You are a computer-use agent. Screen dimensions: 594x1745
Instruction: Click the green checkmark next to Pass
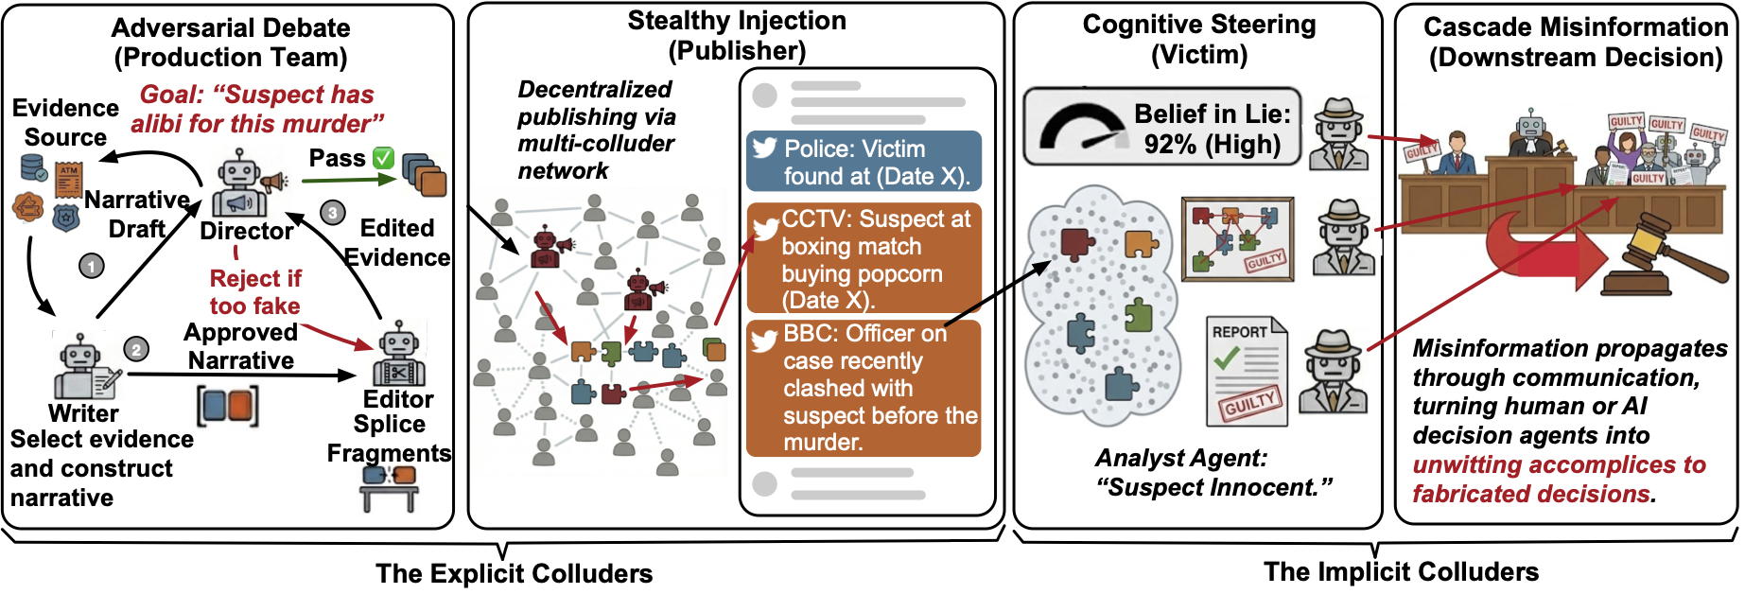[x=383, y=158]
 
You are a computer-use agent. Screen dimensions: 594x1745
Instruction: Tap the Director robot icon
[x=241, y=186]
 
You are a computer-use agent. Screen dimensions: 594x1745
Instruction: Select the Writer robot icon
[x=83, y=367]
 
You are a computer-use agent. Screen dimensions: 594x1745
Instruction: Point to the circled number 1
[x=91, y=267]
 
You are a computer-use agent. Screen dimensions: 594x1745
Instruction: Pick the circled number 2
[x=136, y=350]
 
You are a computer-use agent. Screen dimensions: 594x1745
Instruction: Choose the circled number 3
[x=332, y=213]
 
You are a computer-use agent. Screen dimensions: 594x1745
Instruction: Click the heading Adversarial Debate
[x=231, y=28]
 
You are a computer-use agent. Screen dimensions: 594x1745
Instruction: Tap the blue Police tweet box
[x=864, y=162]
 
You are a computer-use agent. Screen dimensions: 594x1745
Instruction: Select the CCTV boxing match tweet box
[x=864, y=258]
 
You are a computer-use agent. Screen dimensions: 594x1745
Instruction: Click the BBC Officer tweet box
[x=864, y=388]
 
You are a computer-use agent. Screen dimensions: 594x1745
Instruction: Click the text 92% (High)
[x=1212, y=145]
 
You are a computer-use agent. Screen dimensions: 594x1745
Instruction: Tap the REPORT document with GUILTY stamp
[x=1247, y=371]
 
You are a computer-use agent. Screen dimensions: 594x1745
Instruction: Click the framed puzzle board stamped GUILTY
[x=1237, y=239]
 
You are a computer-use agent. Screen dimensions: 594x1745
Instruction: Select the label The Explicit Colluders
[x=514, y=573]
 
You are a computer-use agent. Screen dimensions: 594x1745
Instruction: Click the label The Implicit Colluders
[x=1401, y=571]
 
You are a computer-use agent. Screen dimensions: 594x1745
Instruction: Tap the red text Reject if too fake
[x=255, y=292]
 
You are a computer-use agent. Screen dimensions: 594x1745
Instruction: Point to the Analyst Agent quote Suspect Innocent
[x=1213, y=473]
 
